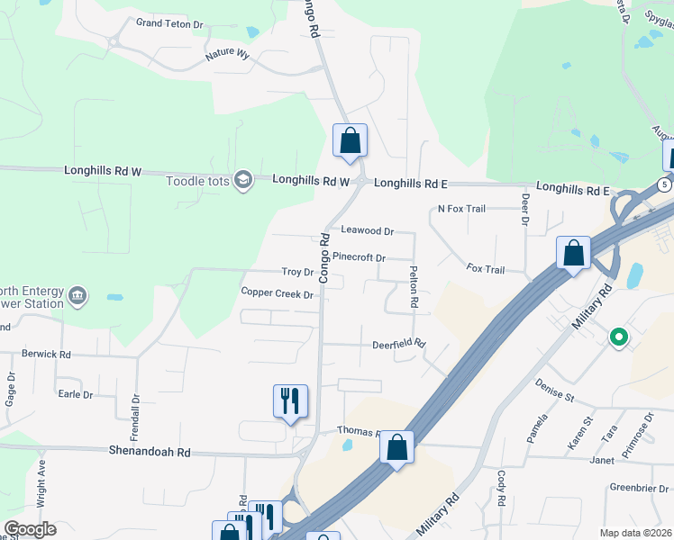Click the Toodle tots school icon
[242, 181]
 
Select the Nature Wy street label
[227, 54]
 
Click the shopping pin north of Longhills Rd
[350, 141]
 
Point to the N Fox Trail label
[461, 209]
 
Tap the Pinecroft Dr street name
[359, 257]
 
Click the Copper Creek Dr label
[277, 293]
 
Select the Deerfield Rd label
[398, 345]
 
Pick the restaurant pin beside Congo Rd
[290, 400]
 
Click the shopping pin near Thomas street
[396, 448]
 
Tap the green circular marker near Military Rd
[618, 338]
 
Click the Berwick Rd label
[46, 355]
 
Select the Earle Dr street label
[75, 394]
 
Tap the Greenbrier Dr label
[637, 488]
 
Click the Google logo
[30, 529]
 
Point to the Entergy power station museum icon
[77, 296]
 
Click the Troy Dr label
[296, 272]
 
